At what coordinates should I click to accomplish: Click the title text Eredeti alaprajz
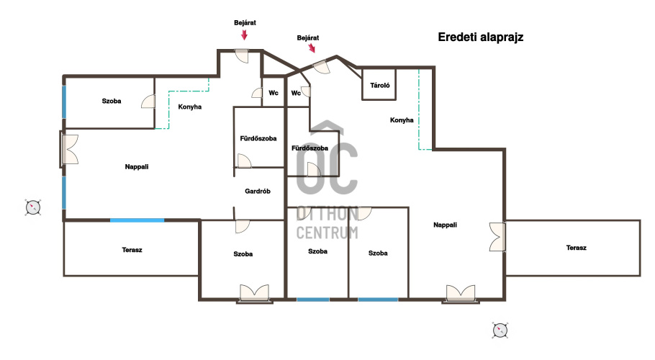[x=480, y=37]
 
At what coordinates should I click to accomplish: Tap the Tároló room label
[x=380, y=85]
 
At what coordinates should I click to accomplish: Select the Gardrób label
[x=258, y=192]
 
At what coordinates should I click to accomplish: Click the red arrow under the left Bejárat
[x=245, y=35]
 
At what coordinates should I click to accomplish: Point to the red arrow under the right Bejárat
[x=312, y=48]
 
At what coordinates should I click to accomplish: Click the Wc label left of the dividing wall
[x=274, y=93]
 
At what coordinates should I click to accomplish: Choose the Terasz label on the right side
[x=576, y=248]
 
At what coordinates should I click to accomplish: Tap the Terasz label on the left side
[x=132, y=250]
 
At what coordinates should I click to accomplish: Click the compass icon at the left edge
[x=33, y=207]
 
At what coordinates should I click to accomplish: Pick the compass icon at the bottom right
[x=500, y=330]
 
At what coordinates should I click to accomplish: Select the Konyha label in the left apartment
[x=189, y=107]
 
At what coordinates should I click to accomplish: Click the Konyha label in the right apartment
[x=402, y=120]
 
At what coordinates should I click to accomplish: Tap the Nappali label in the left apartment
[x=137, y=166]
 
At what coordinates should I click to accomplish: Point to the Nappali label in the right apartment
[x=445, y=225]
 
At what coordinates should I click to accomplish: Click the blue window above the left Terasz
[x=137, y=220]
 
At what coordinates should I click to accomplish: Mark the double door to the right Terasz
[x=497, y=237]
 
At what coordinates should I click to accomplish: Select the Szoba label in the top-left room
[x=112, y=101]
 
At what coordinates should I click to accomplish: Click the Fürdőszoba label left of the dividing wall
[x=258, y=138]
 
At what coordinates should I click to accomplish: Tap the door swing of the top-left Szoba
[x=148, y=102]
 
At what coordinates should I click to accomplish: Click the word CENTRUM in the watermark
[x=327, y=233]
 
